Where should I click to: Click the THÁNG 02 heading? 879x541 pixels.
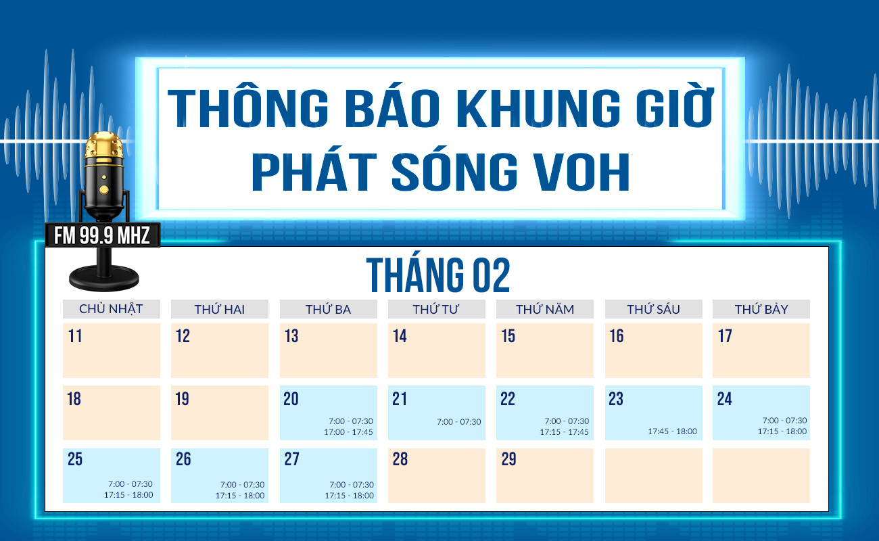pos(438,275)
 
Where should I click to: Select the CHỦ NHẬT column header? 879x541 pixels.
pos(111,309)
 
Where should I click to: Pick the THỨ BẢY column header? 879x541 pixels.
pos(761,309)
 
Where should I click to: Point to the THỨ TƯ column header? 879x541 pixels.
pos(436,309)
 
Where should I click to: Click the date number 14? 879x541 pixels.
pos(400,336)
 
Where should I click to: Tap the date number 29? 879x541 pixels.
pos(508,460)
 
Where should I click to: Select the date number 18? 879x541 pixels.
pos(74,399)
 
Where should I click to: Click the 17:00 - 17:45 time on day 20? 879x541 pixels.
pos(349,432)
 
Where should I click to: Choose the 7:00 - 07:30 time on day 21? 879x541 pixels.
pos(459,422)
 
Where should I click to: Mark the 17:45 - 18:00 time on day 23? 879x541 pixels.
pos(672,431)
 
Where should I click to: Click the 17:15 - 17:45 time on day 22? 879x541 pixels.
pos(564,432)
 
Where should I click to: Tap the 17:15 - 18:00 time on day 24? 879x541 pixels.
pos(782,431)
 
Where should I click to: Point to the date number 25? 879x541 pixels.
pos(74,460)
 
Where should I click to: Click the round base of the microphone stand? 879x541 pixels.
pos(104,277)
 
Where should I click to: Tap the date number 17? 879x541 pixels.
pos(725,336)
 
